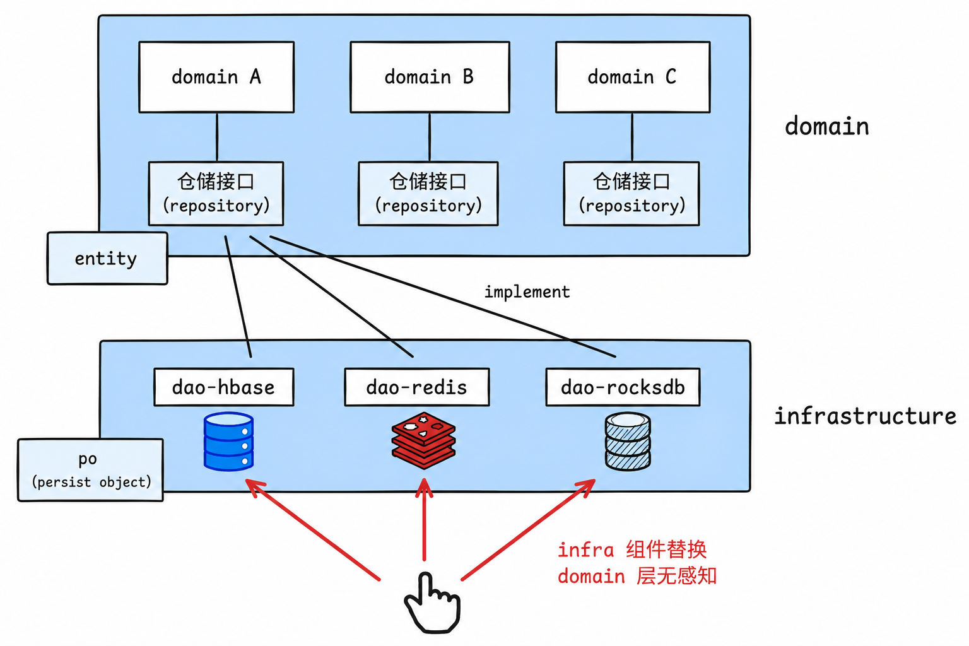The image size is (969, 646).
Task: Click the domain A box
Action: tap(216, 77)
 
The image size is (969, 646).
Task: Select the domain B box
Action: tap(430, 77)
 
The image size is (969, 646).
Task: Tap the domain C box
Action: tap(633, 77)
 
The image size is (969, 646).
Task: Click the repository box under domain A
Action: tap(216, 194)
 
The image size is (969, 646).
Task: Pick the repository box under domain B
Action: tap(428, 194)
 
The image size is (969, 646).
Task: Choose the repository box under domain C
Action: tap(631, 194)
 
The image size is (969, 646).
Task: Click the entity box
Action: tap(107, 258)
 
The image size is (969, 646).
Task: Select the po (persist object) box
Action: tap(90, 470)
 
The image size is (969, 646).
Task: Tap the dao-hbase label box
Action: tap(224, 387)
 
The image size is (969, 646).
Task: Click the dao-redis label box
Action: tap(417, 387)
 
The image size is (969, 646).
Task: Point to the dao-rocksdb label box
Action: tap(623, 387)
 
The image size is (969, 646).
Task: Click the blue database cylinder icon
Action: tap(228, 442)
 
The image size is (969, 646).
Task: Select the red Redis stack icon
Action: tap(423, 440)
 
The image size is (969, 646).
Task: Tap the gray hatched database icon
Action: tap(628, 442)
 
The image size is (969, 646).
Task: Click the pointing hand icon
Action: tap(432, 602)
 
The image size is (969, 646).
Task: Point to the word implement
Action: tap(527, 292)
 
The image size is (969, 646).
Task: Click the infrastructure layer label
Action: tap(865, 416)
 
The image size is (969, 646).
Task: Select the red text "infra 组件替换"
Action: tap(632, 549)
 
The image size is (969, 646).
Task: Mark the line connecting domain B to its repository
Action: tap(430, 137)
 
